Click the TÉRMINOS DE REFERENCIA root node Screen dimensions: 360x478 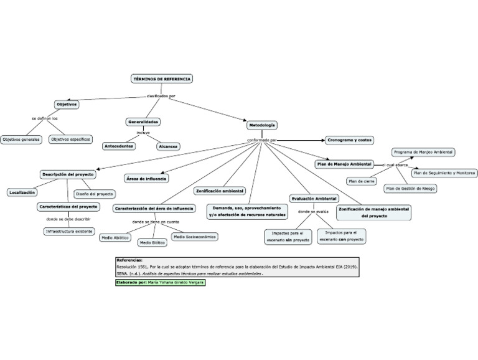coord(162,79)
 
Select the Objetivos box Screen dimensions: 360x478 coord(66,104)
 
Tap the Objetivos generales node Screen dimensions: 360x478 coord(21,140)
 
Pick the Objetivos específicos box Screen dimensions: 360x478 coord(70,140)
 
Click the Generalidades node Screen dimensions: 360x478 coord(143,121)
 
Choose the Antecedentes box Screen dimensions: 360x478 coord(118,146)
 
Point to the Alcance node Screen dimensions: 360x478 coord(168,146)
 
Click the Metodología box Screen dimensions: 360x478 coord(262,125)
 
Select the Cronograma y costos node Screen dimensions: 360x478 coord(349,141)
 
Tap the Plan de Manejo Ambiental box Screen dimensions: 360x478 coord(344,164)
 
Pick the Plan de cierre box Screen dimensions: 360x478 coord(361,181)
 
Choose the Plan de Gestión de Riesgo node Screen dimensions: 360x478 coord(410,188)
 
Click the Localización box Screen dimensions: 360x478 coord(22,192)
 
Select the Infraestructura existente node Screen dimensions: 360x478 coord(69,231)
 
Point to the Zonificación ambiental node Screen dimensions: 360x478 coord(220,191)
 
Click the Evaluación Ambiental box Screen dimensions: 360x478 coord(314,198)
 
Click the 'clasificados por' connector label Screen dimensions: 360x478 coord(161,96)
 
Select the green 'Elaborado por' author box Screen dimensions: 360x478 coord(159,282)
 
